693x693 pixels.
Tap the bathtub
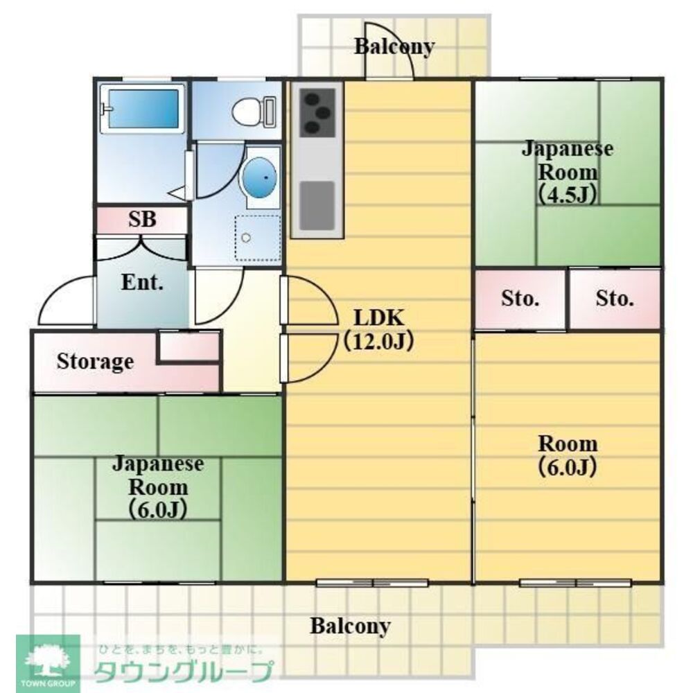143,108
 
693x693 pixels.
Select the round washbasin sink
260,177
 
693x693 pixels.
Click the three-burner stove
315,112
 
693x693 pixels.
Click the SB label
142,220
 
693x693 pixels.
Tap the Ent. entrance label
142,283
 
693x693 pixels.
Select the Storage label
95,361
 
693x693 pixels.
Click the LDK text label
378,318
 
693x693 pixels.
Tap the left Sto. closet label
520,299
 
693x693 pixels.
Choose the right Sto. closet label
615,299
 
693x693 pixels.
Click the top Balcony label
394,46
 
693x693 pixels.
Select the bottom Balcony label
350,626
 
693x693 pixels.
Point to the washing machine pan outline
258,238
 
